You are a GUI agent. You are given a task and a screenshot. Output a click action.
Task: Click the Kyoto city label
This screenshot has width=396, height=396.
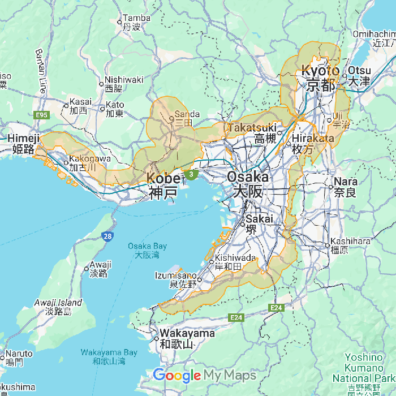pos(320,78)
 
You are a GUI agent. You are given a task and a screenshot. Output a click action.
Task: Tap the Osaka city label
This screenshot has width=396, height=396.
pos(247,184)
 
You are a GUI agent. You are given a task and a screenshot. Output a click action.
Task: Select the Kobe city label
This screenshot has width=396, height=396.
pos(163,185)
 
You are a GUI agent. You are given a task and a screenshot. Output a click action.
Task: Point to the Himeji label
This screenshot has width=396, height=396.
pos(24,144)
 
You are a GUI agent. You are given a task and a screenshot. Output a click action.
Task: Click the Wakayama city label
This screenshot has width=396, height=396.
pos(187,338)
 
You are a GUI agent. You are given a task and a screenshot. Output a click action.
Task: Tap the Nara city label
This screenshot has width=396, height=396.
pos(346,187)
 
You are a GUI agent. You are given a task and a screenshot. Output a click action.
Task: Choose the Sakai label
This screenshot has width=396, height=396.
pos(259,223)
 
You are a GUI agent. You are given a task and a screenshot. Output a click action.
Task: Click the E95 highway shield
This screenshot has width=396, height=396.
pos(41,115)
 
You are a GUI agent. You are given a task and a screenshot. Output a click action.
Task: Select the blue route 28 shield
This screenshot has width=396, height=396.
pos(107,236)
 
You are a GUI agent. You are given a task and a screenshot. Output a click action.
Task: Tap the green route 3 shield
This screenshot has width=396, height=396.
pos(192,175)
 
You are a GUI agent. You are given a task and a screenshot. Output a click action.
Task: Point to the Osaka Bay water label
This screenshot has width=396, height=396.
pos(147,250)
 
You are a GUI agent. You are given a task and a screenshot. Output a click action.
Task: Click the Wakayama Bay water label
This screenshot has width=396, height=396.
pos(109,356)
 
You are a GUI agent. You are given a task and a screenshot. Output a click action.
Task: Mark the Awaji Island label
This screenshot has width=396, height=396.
pos(58,307)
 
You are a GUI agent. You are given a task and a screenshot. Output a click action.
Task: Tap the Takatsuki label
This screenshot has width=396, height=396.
pos(252,132)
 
